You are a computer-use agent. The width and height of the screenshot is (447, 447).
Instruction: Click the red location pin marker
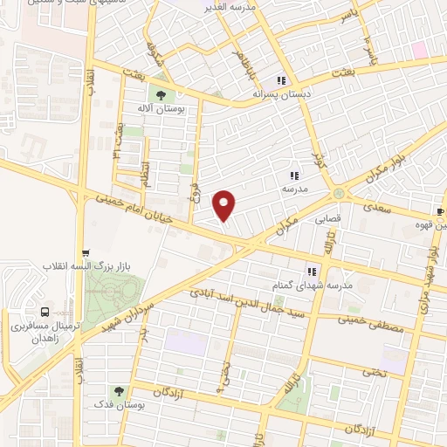click(x=225, y=205)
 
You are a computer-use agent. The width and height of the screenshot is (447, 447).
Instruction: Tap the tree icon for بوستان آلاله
click(x=160, y=92)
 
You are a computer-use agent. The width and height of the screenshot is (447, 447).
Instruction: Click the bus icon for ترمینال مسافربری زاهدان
click(x=45, y=312)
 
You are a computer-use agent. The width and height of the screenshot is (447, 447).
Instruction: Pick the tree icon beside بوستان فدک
click(x=117, y=391)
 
